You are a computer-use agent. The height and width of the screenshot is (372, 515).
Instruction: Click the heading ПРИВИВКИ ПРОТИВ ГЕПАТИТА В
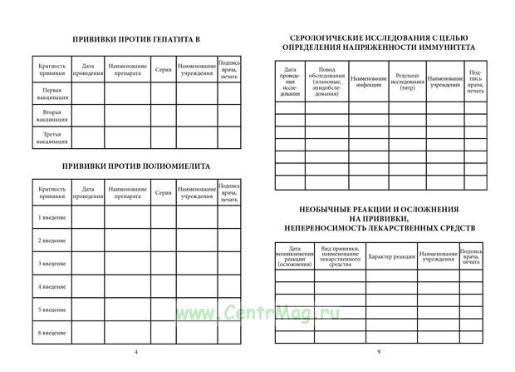[136, 39]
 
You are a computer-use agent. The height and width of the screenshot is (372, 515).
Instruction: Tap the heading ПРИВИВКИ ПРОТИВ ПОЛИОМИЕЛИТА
[136, 166]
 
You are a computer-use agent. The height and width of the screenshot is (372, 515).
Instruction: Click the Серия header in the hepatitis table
[163, 69]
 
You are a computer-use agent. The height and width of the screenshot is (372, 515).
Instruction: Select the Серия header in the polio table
[163, 193]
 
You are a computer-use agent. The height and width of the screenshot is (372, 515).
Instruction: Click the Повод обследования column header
[326, 81]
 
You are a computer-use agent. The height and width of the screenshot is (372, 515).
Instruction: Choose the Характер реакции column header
[391, 256]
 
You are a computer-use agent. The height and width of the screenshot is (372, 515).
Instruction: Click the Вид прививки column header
[340, 256]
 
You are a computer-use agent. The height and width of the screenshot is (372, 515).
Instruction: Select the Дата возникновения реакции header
[295, 256]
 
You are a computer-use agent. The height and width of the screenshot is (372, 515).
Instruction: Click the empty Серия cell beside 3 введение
[163, 264]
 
